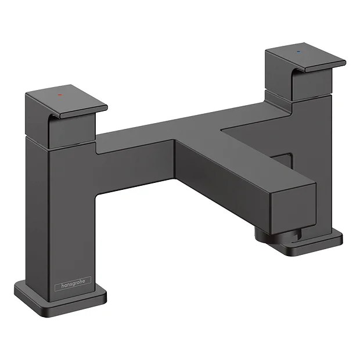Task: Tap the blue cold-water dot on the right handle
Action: (x=299, y=51)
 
